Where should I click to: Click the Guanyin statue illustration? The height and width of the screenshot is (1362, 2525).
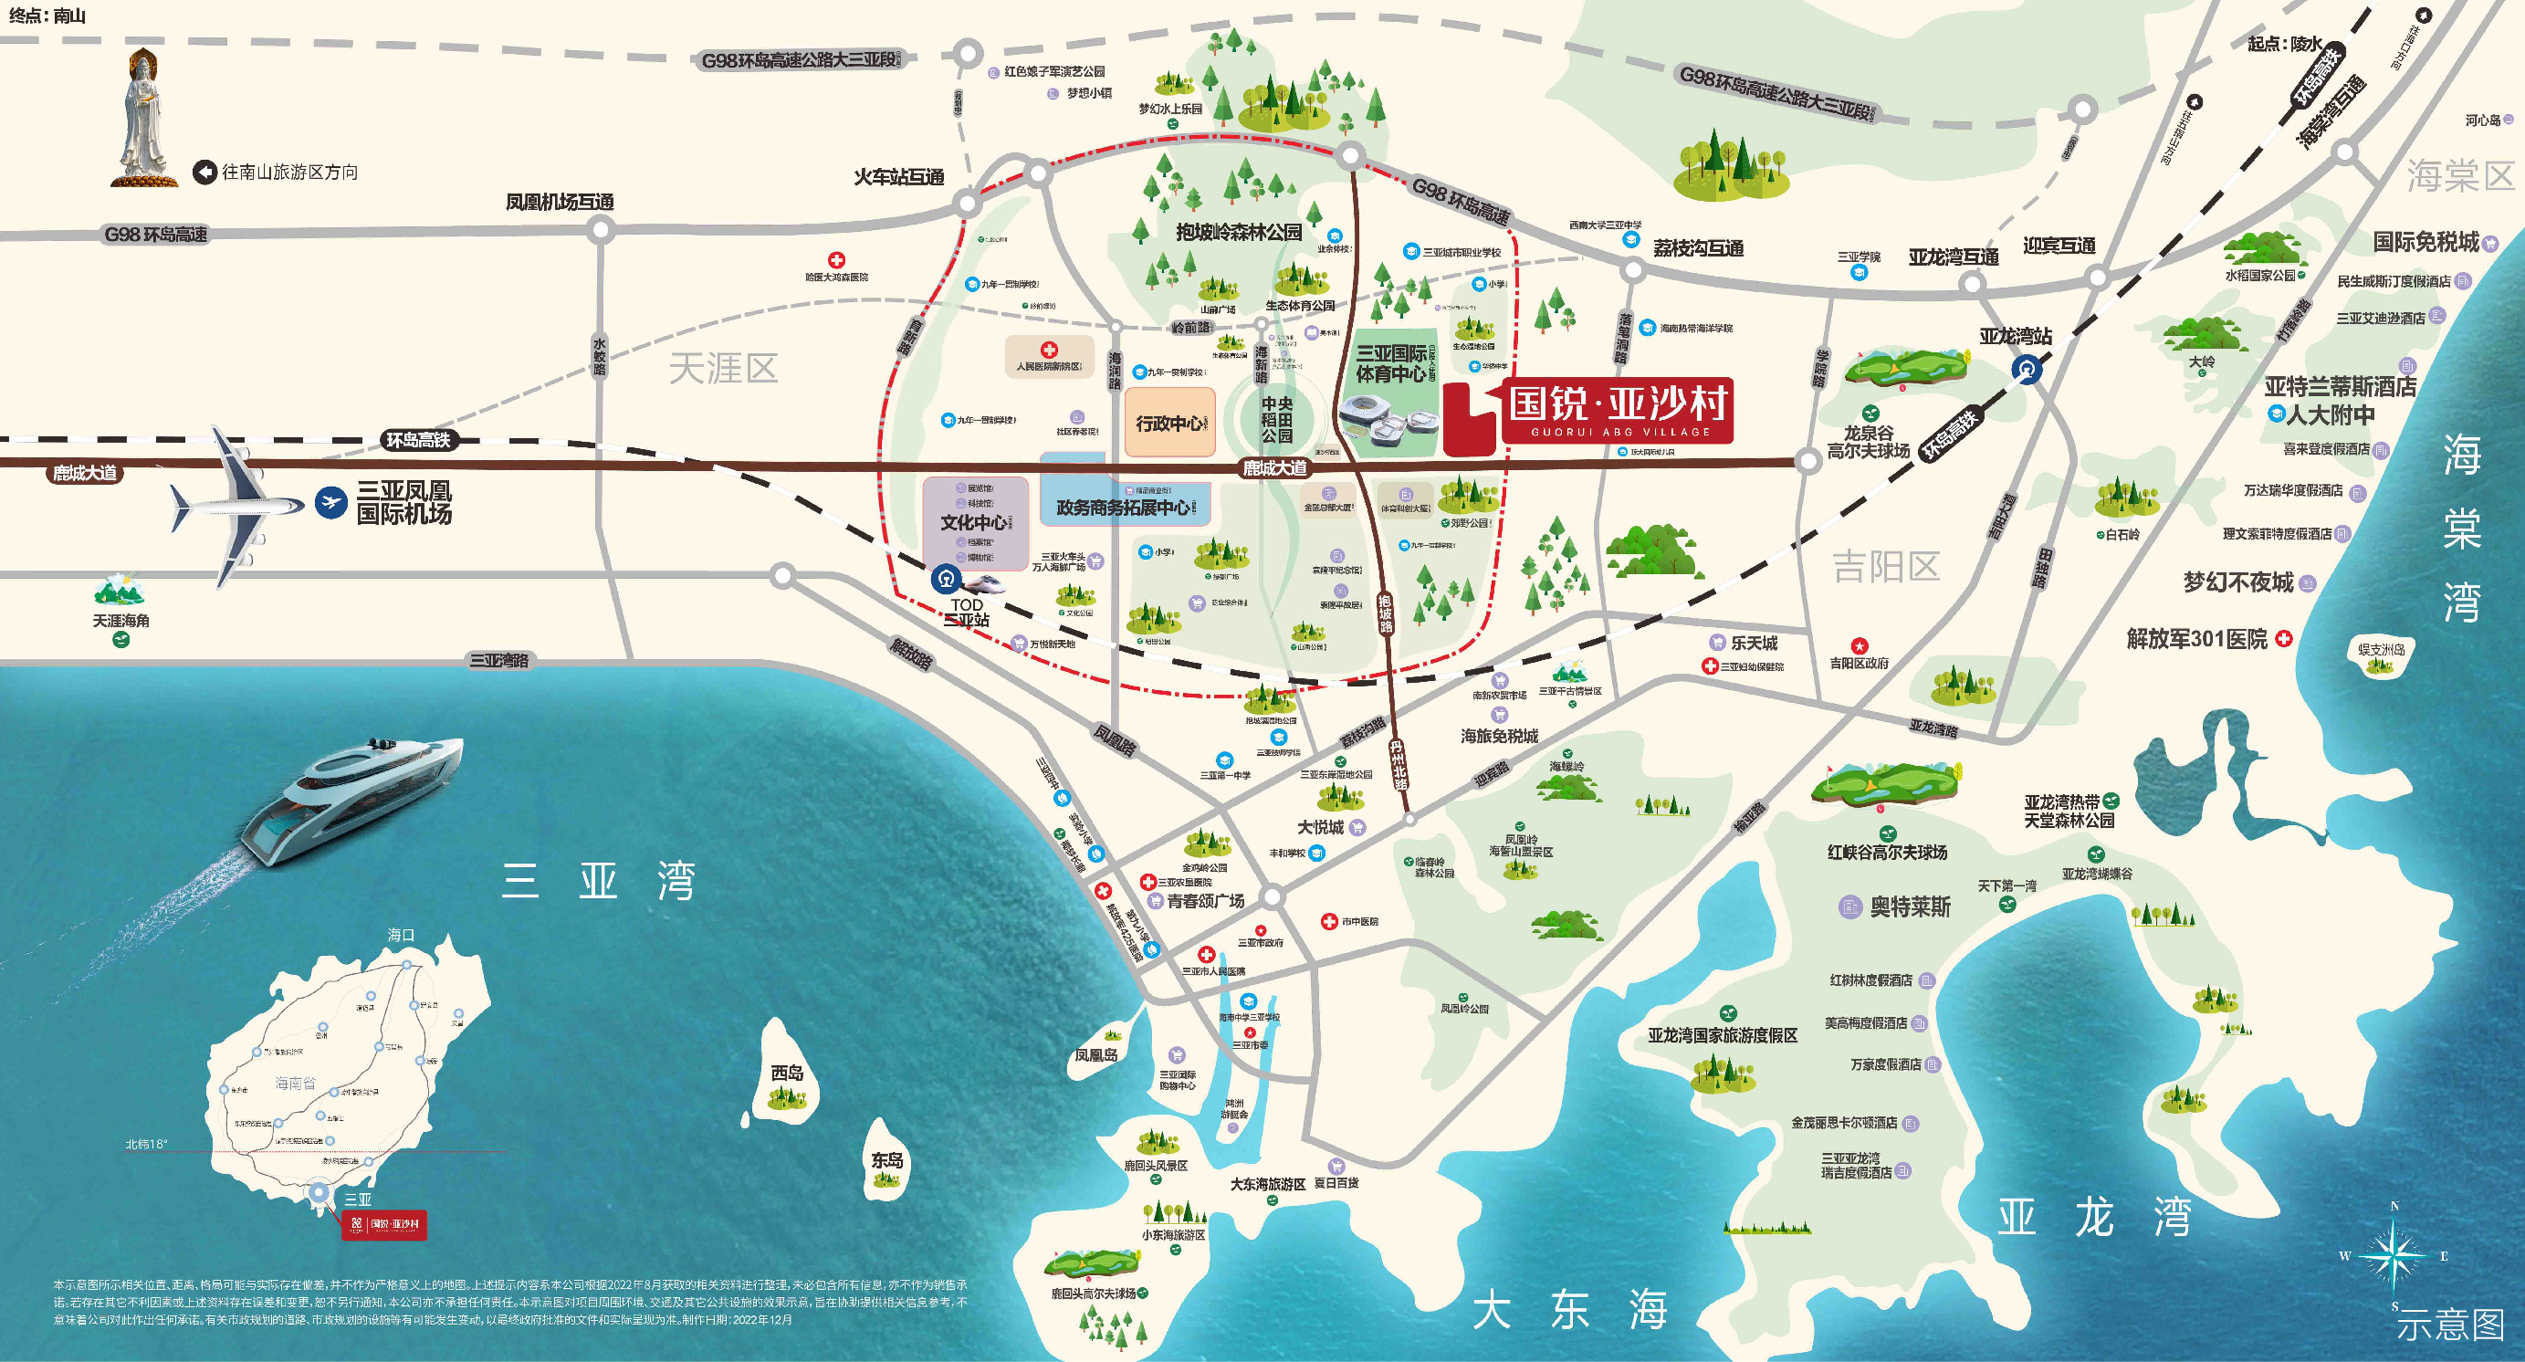point(145,118)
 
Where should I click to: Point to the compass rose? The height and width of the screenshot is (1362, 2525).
point(2394,1255)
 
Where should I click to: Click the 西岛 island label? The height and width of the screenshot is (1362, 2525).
point(787,1073)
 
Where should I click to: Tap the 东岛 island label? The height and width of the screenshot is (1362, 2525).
point(887,1160)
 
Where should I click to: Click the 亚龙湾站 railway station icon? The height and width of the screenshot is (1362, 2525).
point(2027,369)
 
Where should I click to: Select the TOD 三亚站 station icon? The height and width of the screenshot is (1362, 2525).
point(946,578)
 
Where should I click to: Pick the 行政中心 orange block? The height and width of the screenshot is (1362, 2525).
point(1169,424)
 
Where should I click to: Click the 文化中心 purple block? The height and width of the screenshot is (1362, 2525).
point(974,521)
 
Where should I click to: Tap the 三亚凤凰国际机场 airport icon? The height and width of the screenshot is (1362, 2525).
point(331,503)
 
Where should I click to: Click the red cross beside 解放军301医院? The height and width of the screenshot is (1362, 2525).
point(2284,638)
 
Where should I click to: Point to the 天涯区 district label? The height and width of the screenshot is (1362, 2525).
point(723,369)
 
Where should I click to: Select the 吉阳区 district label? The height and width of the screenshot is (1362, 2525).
point(1886,565)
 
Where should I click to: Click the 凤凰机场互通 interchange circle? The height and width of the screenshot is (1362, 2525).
point(601,230)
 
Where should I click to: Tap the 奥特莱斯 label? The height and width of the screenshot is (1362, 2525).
point(1910,906)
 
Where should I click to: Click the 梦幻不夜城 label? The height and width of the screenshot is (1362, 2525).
point(2237,582)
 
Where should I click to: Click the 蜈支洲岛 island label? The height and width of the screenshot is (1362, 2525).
point(2381,649)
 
